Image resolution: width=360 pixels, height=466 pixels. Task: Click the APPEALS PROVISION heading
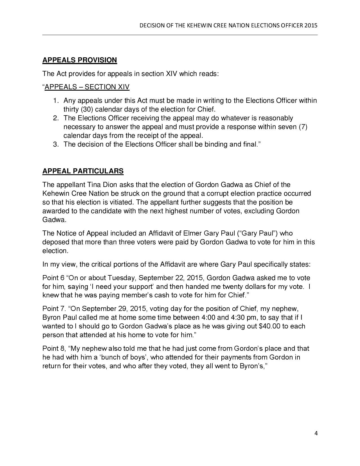point(79,60)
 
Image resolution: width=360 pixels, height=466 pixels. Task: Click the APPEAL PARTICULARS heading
point(83,171)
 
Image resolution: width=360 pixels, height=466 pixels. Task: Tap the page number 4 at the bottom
point(316,433)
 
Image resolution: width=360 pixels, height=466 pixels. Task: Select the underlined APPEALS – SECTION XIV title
point(87,87)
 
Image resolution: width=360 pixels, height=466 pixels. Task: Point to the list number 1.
point(56,101)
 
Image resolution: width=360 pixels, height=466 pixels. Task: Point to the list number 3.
point(56,144)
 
